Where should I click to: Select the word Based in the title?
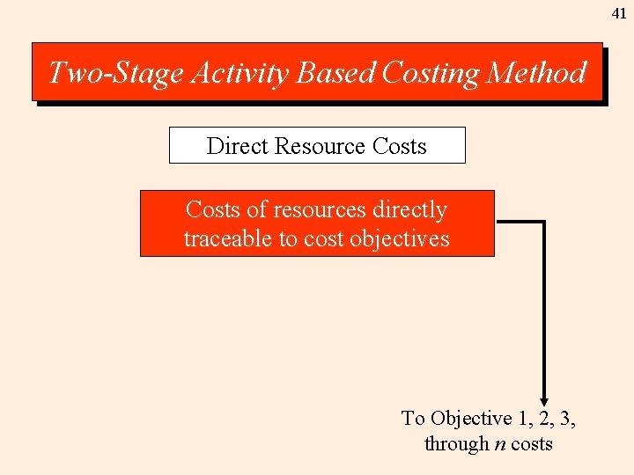click(336, 72)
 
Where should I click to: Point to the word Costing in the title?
click(429, 72)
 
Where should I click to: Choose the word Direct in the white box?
click(237, 146)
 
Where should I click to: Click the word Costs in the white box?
click(400, 146)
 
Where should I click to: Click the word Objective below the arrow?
click(471, 419)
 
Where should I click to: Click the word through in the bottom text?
click(456, 444)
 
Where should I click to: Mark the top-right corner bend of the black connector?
click(544, 222)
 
